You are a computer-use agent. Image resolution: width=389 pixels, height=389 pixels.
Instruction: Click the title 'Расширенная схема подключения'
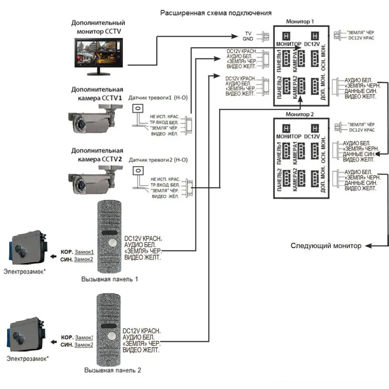click(x=216, y=13)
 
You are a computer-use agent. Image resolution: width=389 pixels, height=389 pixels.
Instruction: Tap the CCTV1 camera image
click(x=91, y=120)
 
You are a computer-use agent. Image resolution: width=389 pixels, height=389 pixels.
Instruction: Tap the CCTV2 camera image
click(x=91, y=180)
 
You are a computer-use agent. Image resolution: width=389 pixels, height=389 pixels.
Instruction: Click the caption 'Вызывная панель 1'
click(x=109, y=279)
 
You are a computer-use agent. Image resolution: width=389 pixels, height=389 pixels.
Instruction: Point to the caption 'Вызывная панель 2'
click(x=112, y=371)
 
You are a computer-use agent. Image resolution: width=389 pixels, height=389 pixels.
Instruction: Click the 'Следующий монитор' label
click(x=326, y=246)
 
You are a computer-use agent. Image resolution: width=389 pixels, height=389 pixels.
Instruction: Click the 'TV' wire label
click(x=249, y=34)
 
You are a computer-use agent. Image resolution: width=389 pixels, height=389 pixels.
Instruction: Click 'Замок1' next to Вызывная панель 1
click(x=84, y=252)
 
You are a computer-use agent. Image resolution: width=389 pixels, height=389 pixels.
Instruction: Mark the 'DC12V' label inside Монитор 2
click(x=312, y=137)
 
